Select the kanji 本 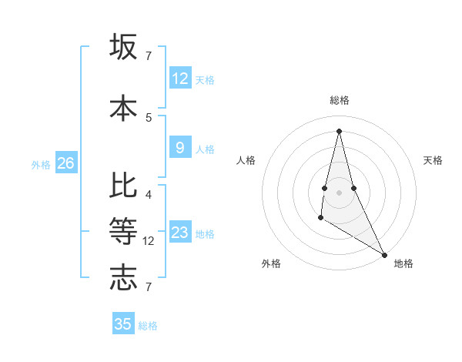[123, 107]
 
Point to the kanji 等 [123, 230]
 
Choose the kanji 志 [123, 277]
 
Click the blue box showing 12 [180, 79]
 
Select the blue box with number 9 [180, 148]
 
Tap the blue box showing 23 [180, 233]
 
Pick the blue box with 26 [65, 163]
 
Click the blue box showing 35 [123, 324]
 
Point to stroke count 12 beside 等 [149, 241]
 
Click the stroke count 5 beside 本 [149, 117]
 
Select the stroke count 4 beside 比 [149, 194]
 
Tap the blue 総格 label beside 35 [148, 326]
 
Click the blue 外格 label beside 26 [41, 164]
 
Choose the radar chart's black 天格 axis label [433, 160]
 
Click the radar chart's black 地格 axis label [403, 263]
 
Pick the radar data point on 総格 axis [339, 131]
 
